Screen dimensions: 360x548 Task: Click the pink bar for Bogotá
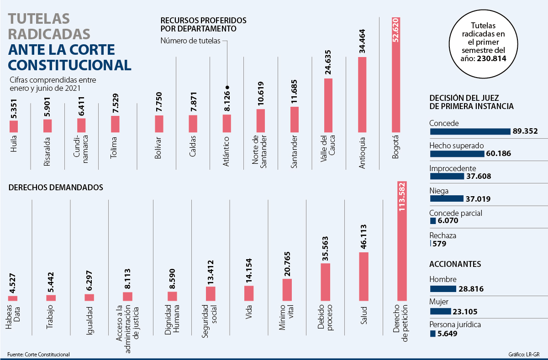tap(396, 75)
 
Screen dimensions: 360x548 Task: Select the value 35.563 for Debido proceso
tap(325, 248)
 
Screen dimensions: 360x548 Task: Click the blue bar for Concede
tap(470, 131)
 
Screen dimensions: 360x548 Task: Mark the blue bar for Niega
tap(447, 198)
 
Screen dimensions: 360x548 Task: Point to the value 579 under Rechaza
tap(439, 244)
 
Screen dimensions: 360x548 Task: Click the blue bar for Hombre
tap(443, 288)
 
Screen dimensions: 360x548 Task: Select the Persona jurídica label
tap(455, 325)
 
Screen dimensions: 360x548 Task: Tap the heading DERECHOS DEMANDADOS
tap(55, 187)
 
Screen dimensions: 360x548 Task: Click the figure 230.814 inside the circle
tap(491, 58)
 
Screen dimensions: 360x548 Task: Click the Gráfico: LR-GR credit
tap(524, 355)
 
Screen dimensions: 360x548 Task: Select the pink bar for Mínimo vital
tap(287, 290)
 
